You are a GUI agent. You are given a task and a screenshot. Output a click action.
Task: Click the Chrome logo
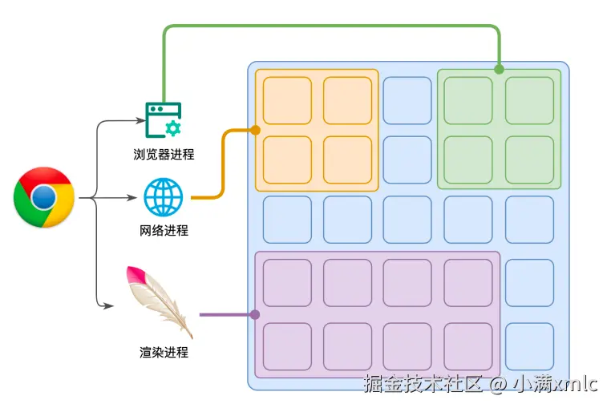pos(44,196)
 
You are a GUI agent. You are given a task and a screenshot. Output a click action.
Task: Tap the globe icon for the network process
pos(164,196)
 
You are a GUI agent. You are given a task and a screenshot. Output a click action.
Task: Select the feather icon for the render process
pos(160,301)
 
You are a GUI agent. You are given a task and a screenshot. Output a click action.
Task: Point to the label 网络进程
pos(164,231)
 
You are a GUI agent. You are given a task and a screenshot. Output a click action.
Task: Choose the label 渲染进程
pos(164,351)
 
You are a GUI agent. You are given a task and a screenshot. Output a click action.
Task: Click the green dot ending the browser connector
pos(499,69)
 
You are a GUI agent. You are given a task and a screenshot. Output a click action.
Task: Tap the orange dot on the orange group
pos(255,129)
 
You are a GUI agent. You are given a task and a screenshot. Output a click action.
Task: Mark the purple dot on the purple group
pos(255,315)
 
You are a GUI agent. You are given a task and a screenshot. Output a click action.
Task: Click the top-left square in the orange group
pos(287,100)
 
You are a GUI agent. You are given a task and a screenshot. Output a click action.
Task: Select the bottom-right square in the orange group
pos(347,160)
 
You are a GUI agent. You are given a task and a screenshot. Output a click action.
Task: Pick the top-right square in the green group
pos(529,100)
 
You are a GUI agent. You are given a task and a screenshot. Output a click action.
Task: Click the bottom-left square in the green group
pos(468,160)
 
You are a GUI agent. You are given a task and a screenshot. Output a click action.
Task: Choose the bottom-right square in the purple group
pos(468,346)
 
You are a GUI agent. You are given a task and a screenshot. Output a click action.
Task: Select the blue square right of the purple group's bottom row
pos(529,346)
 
